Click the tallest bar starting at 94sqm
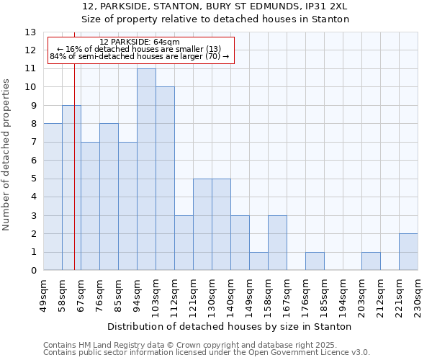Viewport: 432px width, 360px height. [x=146, y=169]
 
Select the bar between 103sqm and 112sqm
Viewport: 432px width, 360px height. [x=165, y=179]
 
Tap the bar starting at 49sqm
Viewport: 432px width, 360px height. [x=53, y=197]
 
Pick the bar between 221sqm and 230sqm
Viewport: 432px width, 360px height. [x=408, y=252]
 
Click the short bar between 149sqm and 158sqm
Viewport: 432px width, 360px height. [x=258, y=261]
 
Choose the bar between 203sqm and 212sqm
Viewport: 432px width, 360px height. [x=371, y=261]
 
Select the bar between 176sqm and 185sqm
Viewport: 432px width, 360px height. [x=315, y=261]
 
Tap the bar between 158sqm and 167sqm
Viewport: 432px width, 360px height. [x=277, y=243]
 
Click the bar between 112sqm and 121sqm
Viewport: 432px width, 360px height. [x=184, y=243]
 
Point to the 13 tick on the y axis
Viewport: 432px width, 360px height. [x=30, y=32]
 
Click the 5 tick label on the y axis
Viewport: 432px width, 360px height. [x=33, y=179]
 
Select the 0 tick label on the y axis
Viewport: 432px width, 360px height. [x=33, y=271]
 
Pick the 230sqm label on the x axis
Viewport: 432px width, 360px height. [x=419, y=294]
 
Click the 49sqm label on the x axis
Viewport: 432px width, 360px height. [x=44, y=293]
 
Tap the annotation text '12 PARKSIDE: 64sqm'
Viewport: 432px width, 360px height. [x=140, y=42]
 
